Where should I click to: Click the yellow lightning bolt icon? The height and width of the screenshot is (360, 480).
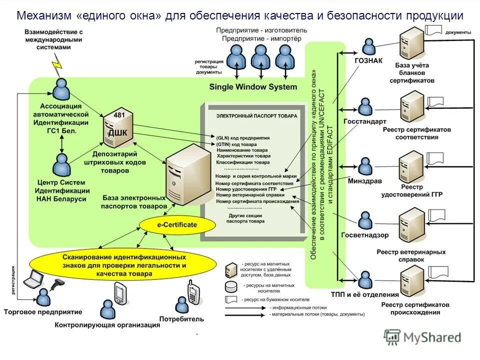click(x=57, y=62)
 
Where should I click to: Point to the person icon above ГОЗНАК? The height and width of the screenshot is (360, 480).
click(x=368, y=47)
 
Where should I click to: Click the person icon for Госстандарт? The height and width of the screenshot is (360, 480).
click(x=365, y=107)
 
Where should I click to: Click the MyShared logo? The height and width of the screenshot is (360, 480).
click(x=422, y=337)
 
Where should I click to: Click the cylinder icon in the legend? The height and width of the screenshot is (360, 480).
click(x=231, y=287)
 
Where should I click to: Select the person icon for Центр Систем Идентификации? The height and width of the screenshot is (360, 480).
click(x=61, y=162)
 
